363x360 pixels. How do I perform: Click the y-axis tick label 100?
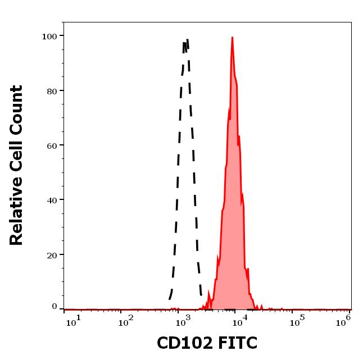click(x=50, y=36)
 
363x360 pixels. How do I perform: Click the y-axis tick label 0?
click(x=55, y=307)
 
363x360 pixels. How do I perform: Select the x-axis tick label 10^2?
click(x=126, y=322)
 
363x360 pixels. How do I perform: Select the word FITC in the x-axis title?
click(x=238, y=343)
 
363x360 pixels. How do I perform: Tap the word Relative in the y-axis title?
click(x=16, y=212)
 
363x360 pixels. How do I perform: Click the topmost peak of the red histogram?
click(x=232, y=38)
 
